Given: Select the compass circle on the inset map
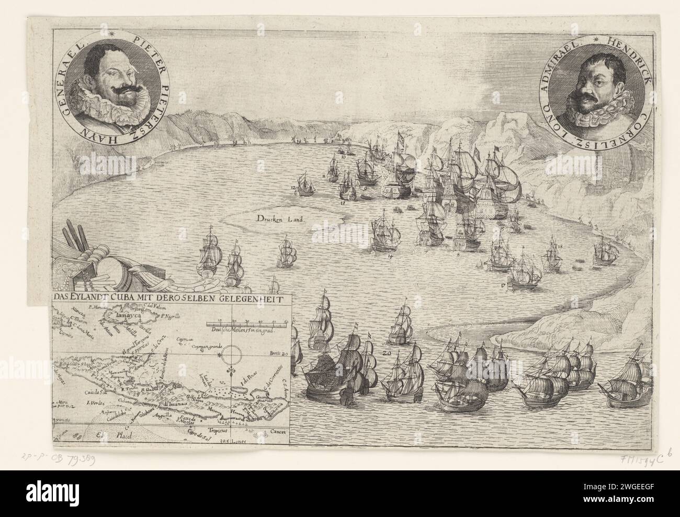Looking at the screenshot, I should [230, 358].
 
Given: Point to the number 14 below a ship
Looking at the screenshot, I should [390, 257].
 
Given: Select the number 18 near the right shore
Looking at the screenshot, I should [560, 247].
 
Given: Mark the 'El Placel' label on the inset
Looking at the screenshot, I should [114, 434].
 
